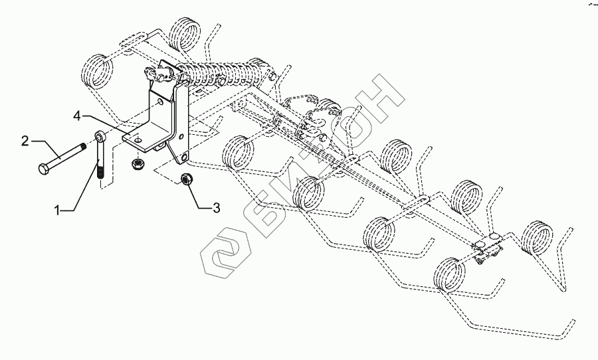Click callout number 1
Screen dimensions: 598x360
point(59,210)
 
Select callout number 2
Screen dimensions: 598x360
point(25,140)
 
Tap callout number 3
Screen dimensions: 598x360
point(215,209)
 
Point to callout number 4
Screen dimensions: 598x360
point(78,116)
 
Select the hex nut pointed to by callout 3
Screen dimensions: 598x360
point(187,179)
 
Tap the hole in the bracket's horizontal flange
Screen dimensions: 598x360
point(135,141)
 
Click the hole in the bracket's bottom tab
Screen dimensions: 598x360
point(182,159)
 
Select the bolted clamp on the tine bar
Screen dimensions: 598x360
point(488,248)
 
